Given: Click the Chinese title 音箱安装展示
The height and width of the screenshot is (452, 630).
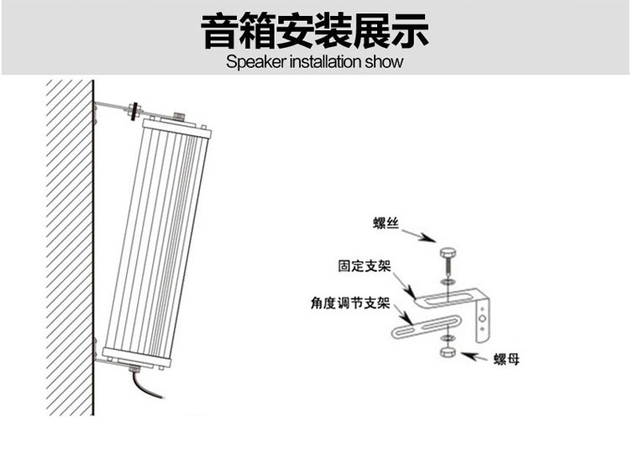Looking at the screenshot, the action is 315,31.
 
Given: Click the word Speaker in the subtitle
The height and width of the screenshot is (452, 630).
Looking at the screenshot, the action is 255,62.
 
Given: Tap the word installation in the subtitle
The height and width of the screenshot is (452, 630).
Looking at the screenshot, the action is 328,62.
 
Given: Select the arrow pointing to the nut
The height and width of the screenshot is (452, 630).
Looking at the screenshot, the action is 475,358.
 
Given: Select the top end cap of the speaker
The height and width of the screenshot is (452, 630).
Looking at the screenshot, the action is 174,127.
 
